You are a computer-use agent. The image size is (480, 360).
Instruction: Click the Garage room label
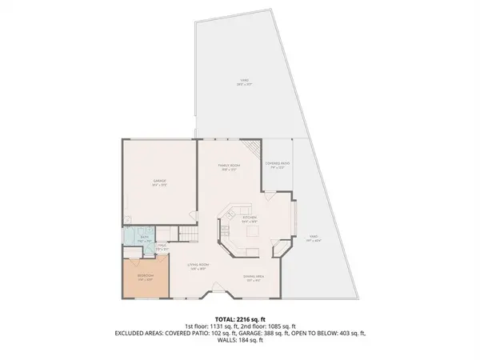tap(158, 182)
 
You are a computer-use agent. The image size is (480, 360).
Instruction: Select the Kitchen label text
tap(249, 218)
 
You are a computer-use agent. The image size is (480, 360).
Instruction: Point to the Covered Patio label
tap(277, 165)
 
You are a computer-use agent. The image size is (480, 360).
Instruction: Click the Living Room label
tap(198, 266)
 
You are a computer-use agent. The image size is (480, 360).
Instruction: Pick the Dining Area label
tap(254, 278)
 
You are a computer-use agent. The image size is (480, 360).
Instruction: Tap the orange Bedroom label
tap(145, 278)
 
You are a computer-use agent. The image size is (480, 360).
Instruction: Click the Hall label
tap(161, 248)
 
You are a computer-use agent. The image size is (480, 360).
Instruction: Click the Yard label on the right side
tap(314, 238)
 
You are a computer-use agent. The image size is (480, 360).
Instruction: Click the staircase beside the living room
tap(188, 233)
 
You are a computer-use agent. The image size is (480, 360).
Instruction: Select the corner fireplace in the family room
tap(254, 149)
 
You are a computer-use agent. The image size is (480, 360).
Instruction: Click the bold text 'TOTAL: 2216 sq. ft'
tap(239, 318)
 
